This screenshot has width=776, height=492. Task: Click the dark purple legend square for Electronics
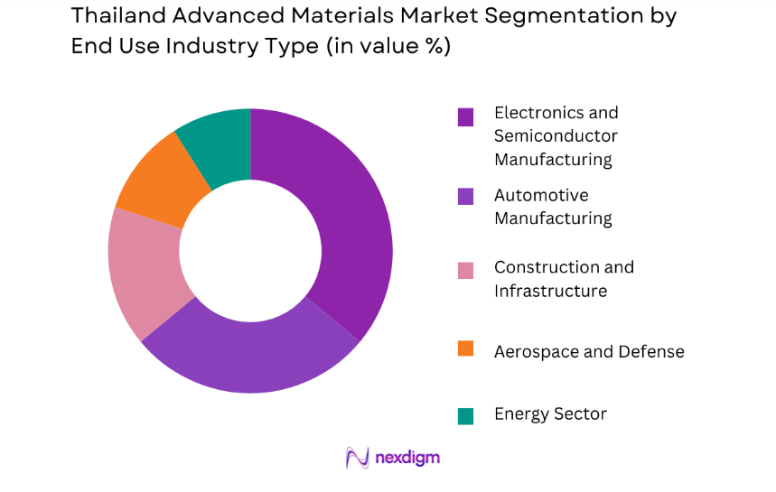point(465,116)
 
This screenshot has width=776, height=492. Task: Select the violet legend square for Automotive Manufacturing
point(465,196)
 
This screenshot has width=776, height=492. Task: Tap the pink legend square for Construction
point(465,270)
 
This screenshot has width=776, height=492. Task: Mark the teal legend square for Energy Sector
point(465,415)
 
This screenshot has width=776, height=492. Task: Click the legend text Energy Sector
point(550,414)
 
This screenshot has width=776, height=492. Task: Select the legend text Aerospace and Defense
point(589,351)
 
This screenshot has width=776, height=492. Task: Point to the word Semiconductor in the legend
point(556,136)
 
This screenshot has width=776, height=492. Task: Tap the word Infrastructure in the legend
point(550,291)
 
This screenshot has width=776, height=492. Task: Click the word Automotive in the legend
point(541,195)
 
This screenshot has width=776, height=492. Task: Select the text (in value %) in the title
point(384,47)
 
